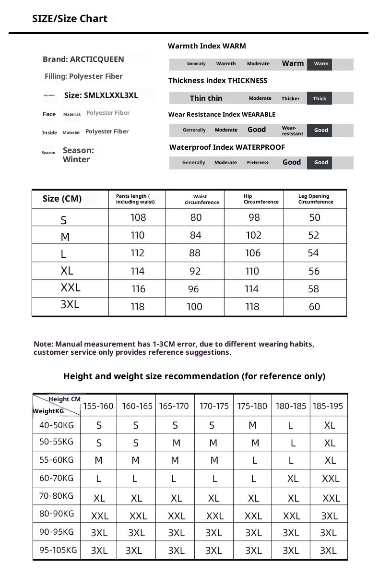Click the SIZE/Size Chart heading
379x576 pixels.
(x=70, y=19)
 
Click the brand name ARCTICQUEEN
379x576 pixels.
(x=97, y=60)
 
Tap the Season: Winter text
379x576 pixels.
(x=78, y=155)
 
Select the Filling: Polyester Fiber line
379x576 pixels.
(x=83, y=76)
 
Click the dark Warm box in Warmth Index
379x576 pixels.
(x=321, y=64)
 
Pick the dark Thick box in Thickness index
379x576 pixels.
(x=320, y=98)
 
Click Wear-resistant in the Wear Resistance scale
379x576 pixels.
(x=292, y=131)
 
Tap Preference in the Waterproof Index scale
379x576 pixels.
(x=258, y=162)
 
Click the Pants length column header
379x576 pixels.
(x=135, y=199)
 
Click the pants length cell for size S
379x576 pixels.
(x=138, y=217)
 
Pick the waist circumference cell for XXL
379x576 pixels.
(x=193, y=289)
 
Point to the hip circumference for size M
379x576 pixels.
(x=253, y=235)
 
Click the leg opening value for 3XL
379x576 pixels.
(x=314, y=307)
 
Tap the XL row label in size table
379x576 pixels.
(x=67, y=271)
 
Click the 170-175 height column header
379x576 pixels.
(x=214, y=406)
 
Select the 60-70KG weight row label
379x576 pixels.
(x=56, y=478)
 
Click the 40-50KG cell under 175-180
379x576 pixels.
(x=252, y=425)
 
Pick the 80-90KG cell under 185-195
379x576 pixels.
(x=329, y=516)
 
